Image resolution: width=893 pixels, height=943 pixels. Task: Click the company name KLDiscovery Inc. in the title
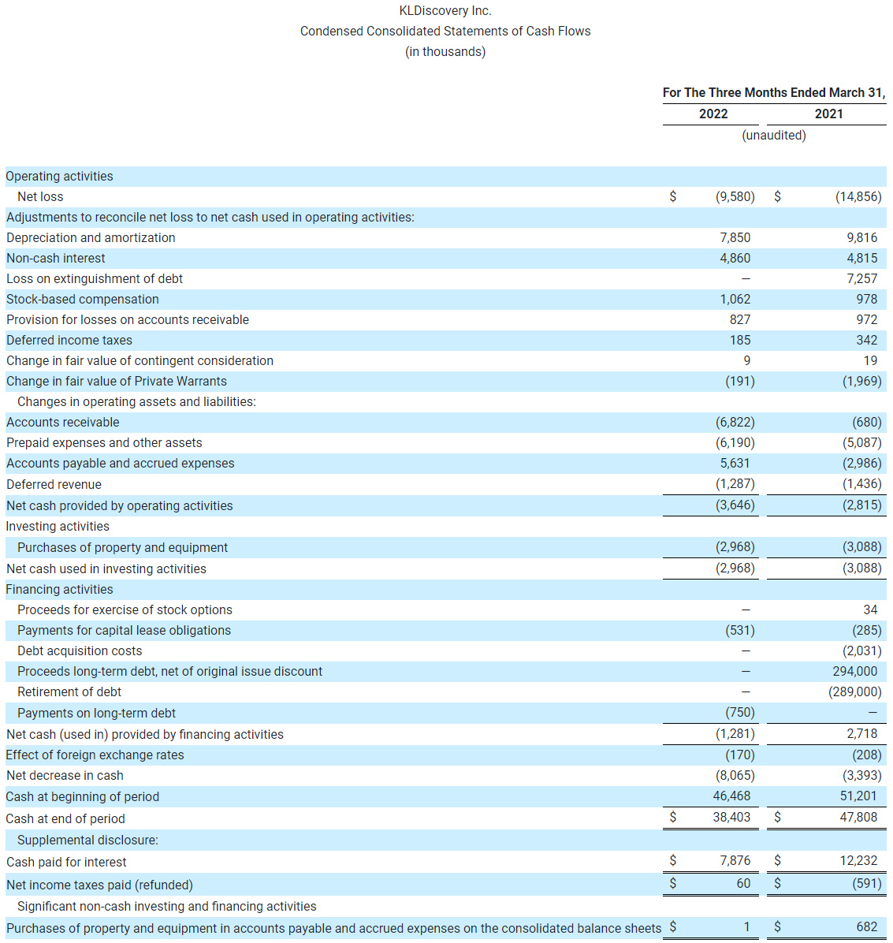[x=445, y=11]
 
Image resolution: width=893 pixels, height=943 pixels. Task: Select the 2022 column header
[x=713, y=114]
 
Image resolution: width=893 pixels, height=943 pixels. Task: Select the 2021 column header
[x=828, y=114]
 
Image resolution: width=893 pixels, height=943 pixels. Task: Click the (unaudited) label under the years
[x=773, y=135]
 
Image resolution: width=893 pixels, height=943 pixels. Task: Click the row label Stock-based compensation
[x=83, y=299]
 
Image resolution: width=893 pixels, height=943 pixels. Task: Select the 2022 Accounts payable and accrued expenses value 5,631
[x=735, y=463]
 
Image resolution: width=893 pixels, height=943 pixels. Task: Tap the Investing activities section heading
[x=58, y=526]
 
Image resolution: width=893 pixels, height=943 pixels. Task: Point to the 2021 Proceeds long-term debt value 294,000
[x=854, y=671]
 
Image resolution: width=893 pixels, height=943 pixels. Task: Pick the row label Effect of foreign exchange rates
[x=95, y=755]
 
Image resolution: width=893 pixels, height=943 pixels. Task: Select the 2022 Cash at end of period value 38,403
[x=731, y=817]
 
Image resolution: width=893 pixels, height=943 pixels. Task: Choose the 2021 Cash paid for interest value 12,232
[x=858, y=860]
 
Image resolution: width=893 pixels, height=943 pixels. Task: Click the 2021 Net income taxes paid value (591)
[x=866, y=883]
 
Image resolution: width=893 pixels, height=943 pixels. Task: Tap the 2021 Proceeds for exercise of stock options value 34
[x=870, y=609]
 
